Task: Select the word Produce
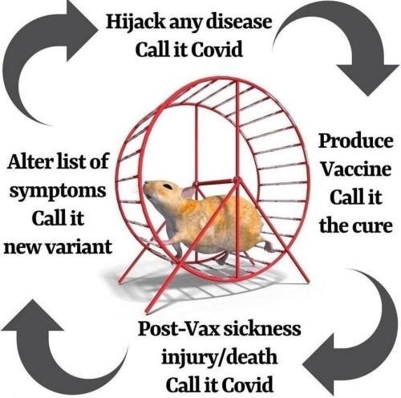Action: [356, 141]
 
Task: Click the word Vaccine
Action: [356, 169]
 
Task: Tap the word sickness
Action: [262, 329]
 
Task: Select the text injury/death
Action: [219, 357]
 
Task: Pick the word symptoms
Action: [58, 192]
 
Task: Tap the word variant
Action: [79, 247]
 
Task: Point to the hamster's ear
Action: [189, 192]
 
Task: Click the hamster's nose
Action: [146, 184]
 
